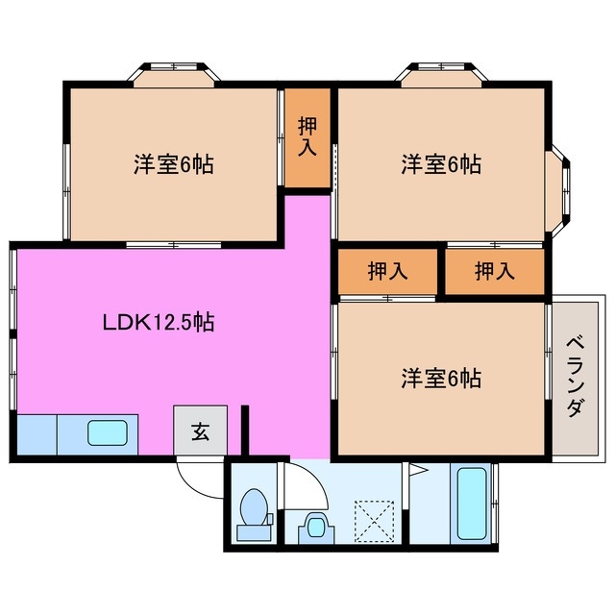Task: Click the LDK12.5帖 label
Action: (159, 323)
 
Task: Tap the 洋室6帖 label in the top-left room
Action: (173, 164)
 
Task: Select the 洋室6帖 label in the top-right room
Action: (441, 164)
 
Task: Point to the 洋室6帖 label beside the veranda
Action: (441, 378)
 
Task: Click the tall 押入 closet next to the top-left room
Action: (307, 136)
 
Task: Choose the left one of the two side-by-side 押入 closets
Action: (387, 272)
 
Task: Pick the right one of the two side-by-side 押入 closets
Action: (495, 272)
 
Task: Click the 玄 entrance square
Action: (201, 431)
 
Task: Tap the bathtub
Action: (473, 503)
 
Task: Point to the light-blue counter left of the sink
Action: (36, 435)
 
